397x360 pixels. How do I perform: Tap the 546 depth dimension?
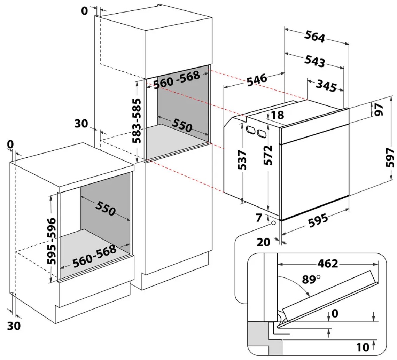point(257,80)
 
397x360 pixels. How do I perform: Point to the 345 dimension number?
point(326,86)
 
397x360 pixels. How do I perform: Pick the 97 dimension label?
point(379,110)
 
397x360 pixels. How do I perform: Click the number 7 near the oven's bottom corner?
point(259,218)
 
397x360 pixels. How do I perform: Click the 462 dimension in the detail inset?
point(328,264)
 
